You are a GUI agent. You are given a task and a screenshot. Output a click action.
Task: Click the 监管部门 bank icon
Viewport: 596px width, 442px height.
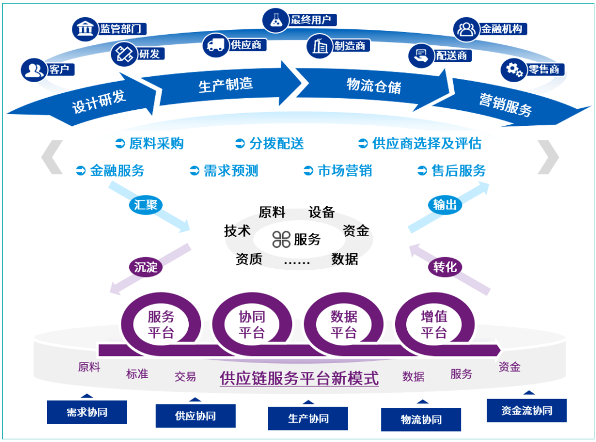[84, 29]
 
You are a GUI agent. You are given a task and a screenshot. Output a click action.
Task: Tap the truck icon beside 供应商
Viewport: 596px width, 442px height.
[216, 45]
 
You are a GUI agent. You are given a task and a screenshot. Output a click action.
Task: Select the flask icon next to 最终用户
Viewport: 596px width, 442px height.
[275, 20]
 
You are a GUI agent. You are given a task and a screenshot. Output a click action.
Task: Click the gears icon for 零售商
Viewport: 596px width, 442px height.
[513, 70]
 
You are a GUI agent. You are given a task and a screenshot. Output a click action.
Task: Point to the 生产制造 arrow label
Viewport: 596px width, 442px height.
[225, 84]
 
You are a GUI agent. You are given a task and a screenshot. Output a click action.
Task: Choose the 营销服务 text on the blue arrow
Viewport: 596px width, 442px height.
[505, 104]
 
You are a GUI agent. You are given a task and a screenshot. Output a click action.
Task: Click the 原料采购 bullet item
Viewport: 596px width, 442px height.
[150, 144]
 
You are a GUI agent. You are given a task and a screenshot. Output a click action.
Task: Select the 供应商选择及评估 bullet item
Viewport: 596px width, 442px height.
[420, 144]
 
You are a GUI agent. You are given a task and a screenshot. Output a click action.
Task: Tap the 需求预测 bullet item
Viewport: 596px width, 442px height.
[224, 171]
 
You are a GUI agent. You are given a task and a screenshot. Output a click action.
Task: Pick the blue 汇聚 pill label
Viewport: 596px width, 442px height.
[146, 205]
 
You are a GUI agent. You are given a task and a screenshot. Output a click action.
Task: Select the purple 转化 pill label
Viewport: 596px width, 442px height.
[445, 268]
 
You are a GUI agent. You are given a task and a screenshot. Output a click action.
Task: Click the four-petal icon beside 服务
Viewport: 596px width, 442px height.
[281, 239]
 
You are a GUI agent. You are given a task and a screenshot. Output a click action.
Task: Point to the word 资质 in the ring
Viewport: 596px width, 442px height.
[249, 259]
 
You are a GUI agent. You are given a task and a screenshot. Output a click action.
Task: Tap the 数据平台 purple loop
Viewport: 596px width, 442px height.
[344, 324]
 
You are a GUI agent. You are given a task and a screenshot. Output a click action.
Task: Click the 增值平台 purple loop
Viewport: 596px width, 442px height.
[434, 324]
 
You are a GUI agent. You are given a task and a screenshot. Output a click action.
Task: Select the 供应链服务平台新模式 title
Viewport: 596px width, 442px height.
[299, 379]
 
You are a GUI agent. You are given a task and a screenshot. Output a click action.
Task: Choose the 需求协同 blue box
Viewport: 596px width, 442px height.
[87, 412]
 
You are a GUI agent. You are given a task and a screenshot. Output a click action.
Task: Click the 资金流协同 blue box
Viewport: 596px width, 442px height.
[526, 410]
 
